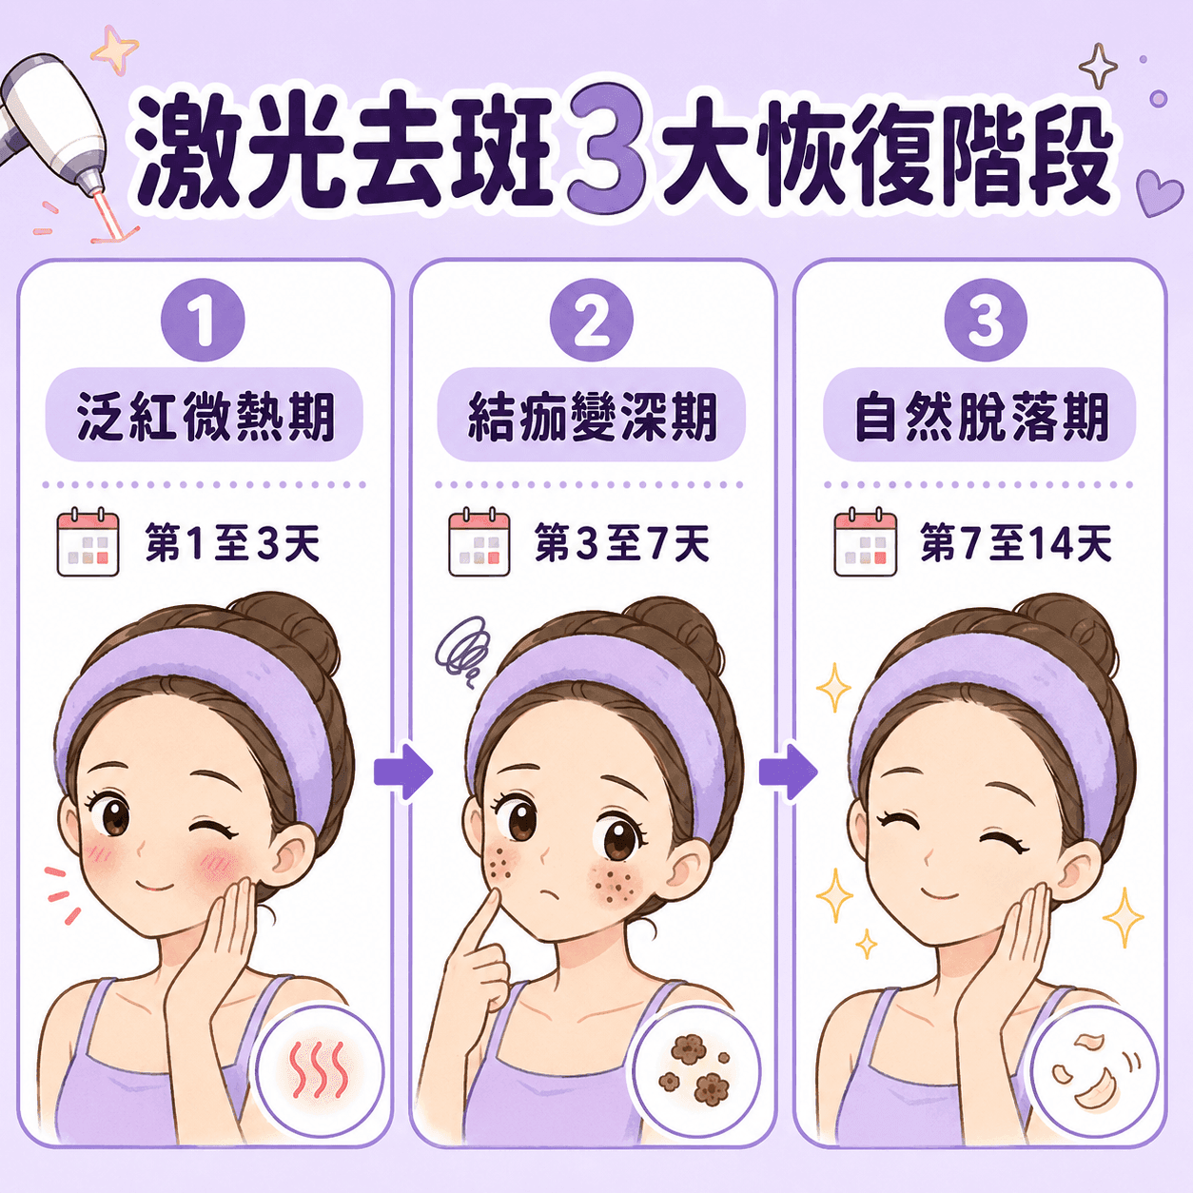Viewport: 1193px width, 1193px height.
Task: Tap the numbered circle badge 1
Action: (203, 320)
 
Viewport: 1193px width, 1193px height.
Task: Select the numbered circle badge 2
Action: (591, 320)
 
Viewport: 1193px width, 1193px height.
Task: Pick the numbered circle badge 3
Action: (985, 320)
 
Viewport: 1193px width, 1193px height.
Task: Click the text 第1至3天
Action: (233, 543)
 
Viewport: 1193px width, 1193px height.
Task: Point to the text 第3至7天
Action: (622, 543)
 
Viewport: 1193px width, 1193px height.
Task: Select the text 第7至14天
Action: (1016, 543)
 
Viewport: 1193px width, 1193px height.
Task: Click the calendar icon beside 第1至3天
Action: (88, 541)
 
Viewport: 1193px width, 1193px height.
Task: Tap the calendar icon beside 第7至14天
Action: (865, 541)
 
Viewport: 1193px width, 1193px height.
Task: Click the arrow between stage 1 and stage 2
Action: (403, 772)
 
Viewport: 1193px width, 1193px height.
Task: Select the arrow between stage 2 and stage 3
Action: (788, 772)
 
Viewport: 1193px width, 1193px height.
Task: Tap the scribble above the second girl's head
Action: (461, 650)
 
